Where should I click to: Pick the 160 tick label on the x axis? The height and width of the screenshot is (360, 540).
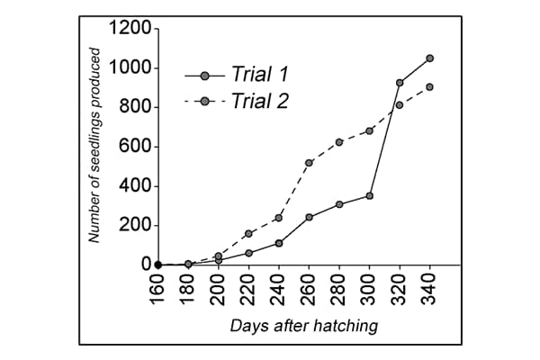158,290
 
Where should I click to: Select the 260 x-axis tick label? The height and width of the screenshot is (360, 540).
309,290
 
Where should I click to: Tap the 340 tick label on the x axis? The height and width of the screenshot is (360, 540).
429,290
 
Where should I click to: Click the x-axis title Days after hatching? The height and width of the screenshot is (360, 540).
303,325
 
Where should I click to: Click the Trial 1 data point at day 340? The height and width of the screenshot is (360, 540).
429,58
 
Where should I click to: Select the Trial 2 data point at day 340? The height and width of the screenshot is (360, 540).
429,87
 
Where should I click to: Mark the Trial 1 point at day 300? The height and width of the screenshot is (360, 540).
369,195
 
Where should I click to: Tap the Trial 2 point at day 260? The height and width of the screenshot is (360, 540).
309,163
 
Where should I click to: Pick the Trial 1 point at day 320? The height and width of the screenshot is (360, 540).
400,83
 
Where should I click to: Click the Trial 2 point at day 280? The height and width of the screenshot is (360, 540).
339,142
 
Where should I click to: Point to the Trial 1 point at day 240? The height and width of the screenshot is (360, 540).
279,243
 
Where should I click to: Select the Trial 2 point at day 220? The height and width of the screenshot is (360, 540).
248,234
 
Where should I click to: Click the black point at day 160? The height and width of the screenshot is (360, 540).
158,265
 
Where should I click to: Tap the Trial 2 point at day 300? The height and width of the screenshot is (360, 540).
369,130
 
